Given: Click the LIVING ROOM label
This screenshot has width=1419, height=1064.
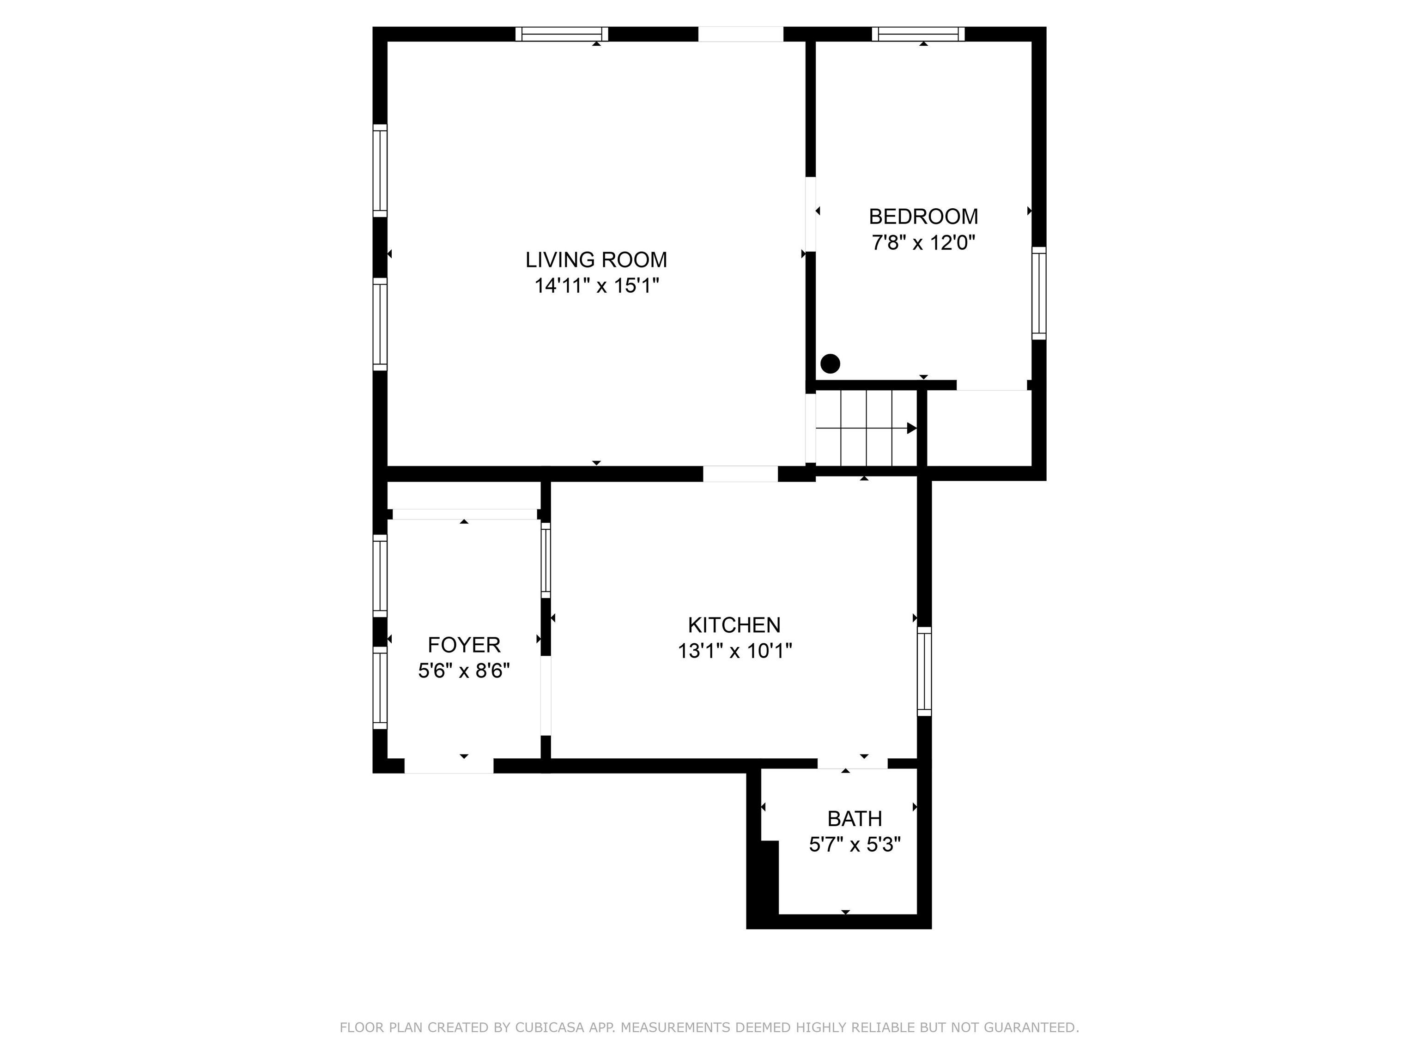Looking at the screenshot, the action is coord(596,260).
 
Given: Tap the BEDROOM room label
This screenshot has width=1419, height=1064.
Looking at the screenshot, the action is coord(923,217).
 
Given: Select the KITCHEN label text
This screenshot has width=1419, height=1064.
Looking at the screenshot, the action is coord(734,625).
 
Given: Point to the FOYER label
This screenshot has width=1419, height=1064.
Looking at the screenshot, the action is coord(464,645).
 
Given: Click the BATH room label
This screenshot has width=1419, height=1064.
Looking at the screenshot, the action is coord(855,819).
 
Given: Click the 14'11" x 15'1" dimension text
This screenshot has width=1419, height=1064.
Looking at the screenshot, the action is coord(597,286).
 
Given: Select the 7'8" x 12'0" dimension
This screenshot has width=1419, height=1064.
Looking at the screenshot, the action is coord(923,243).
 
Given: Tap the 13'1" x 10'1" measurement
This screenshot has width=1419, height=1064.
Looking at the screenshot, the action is coord(734,651).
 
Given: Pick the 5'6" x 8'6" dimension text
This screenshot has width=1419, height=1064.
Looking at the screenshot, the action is coord(464,671).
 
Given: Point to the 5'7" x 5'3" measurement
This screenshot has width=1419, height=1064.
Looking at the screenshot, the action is coord(855,845).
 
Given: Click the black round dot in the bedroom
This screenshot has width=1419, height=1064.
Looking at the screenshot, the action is coord(830,363).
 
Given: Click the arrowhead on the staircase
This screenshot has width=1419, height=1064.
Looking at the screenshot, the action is coord(911,428).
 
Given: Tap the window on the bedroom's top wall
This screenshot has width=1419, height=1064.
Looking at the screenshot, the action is coord(918,34).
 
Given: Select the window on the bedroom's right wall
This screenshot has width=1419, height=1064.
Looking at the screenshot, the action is coord(1038,293).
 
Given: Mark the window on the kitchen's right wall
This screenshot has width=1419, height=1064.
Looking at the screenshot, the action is coord(924,671).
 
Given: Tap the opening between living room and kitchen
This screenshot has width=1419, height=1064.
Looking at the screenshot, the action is coord(740,474).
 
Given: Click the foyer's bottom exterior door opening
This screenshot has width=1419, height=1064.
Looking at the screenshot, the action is coord(449,766).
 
